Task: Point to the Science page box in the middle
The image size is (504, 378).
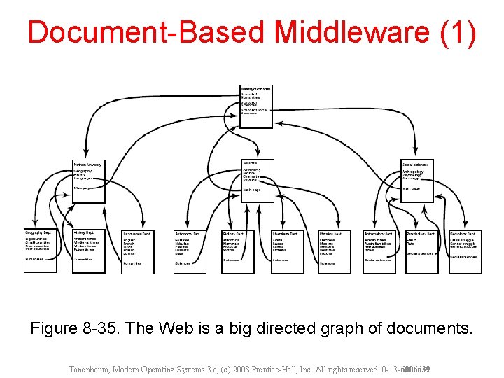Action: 257,181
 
